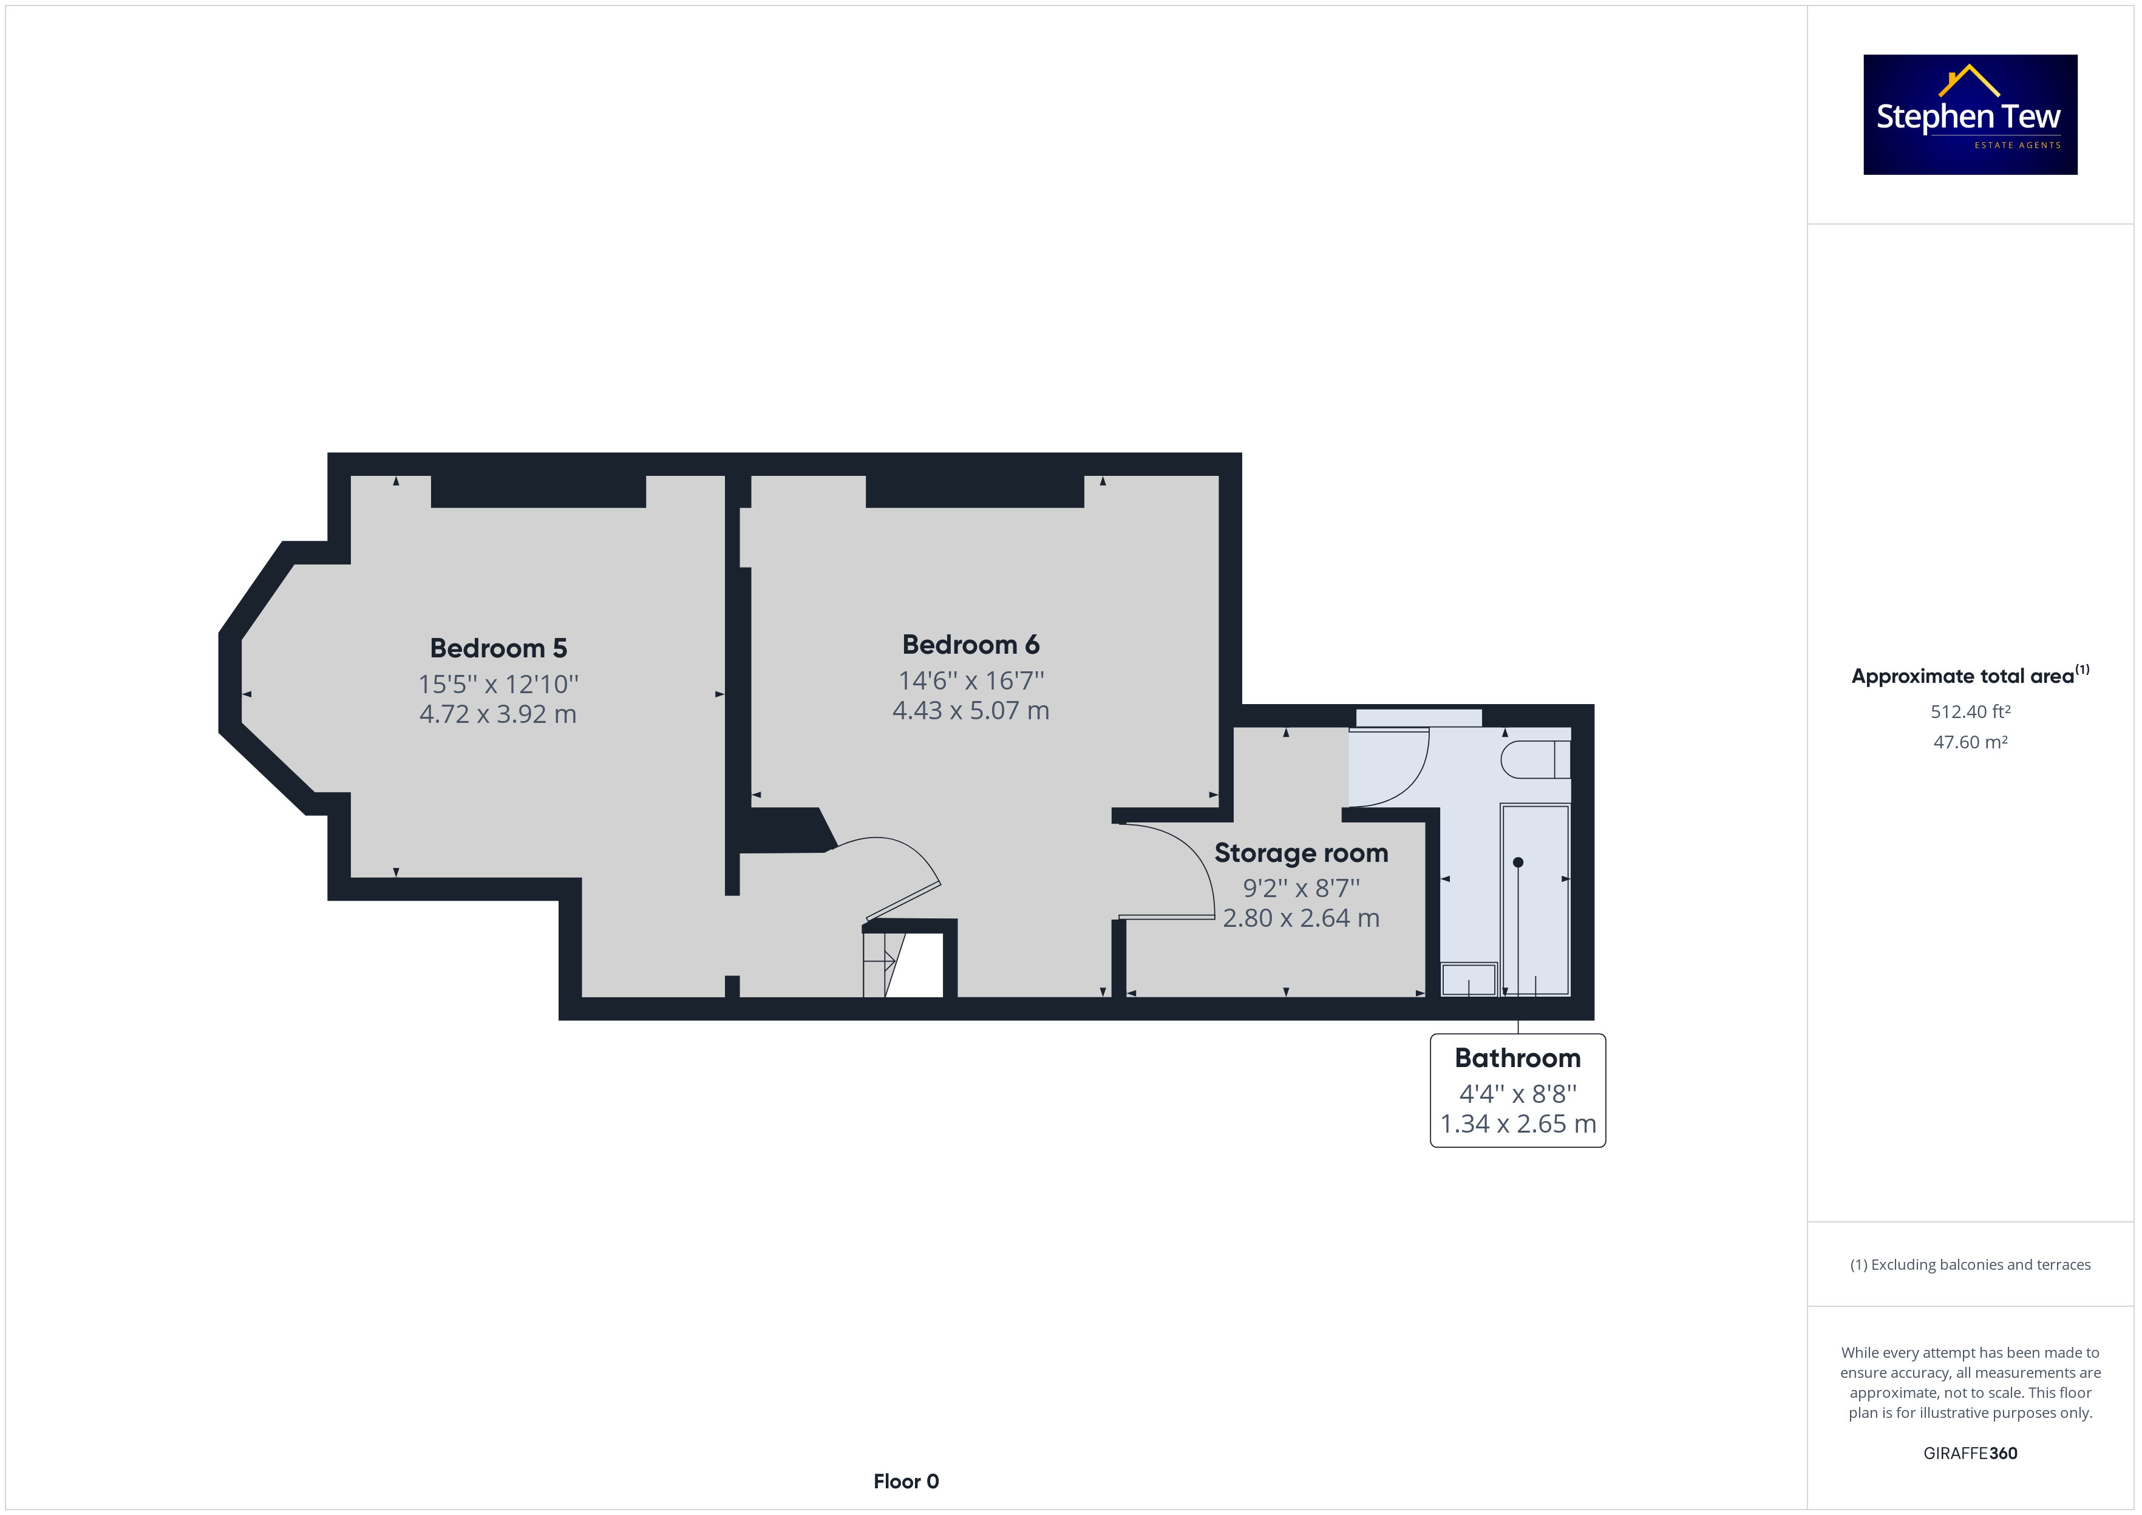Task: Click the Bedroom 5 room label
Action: tap(498, 648)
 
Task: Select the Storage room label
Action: tap(1300, 853)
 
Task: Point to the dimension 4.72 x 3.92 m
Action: tap(498, 714)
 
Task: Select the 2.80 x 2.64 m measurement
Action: tap(1300, 918)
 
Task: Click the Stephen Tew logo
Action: tap(1970, 114)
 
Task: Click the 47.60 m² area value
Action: tap(1970, 742)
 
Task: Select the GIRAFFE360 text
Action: tap(1970, 1452)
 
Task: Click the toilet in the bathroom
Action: tap(1535, 759)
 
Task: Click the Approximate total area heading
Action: tap(1970, 676)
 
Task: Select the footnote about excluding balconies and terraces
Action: tap(1970, 1264)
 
